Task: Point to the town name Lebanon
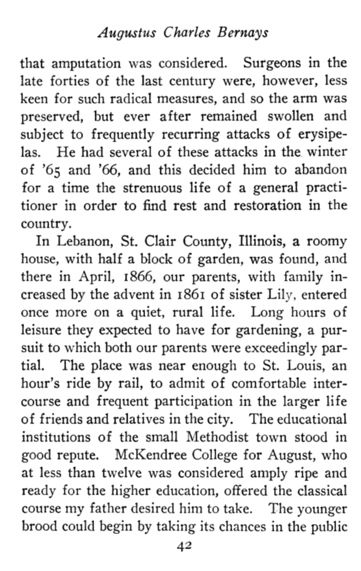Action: point(78,243)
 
